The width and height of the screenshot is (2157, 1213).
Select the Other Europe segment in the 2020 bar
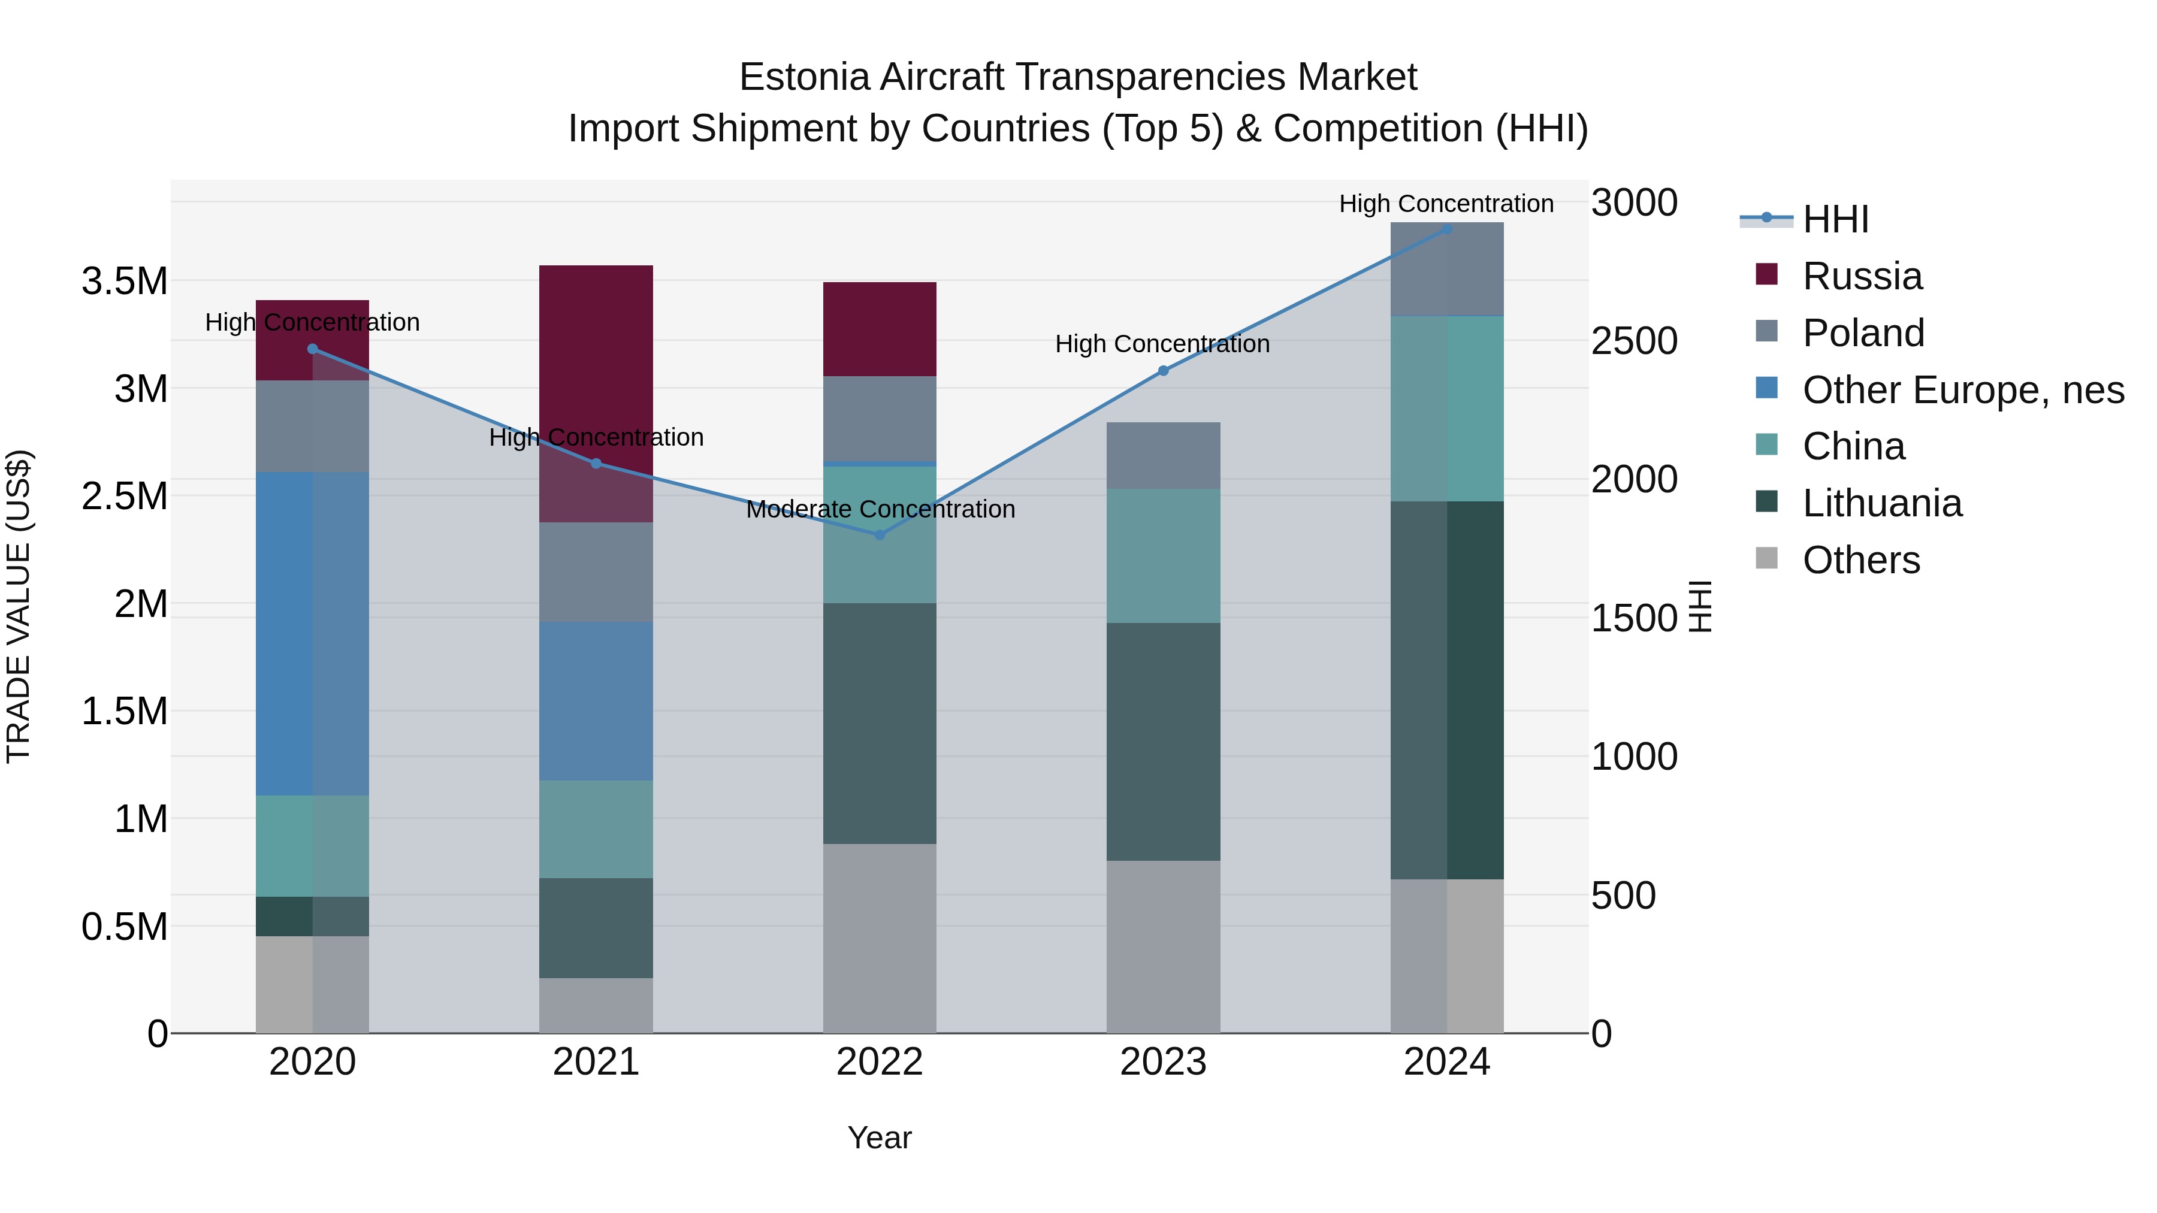pyautogui.click(x=312, y=634)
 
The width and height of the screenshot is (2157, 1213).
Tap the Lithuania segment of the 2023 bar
pyautogui.click(x=1163, y=742)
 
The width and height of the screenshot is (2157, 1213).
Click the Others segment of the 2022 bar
pyautogui.click(x=879, y=939)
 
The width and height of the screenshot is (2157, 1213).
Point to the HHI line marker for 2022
pyautogui.click(x=879, y=535)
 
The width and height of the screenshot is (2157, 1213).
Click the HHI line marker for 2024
pyautogui.click(x=1446, y=229)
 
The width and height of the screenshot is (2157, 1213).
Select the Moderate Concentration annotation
pyautogui.click(x=880, y=509)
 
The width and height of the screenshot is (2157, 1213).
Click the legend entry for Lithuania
pyautogui.click(x=1881, y=503)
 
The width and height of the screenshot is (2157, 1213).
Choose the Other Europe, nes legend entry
pyautogui.click(x=1963, y=390)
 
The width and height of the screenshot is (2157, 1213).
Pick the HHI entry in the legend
pyautogui.click(x=1835, y=219)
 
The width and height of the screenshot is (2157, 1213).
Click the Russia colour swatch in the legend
pyautogui.click(x=1766, y=274)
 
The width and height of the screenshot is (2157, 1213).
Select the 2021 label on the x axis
pyautogui.click(x=596, y=1062)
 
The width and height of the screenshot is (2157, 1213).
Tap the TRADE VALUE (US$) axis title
pyautogui.click(x=19, y=606)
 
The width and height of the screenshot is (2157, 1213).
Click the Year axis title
pyautogui.click(x=879, y=1138)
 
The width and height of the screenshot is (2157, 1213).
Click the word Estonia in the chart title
pyautogui.click(x=804, y=77)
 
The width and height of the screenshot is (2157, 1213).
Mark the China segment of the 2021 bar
pyautogui.click(x=596, y=829)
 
